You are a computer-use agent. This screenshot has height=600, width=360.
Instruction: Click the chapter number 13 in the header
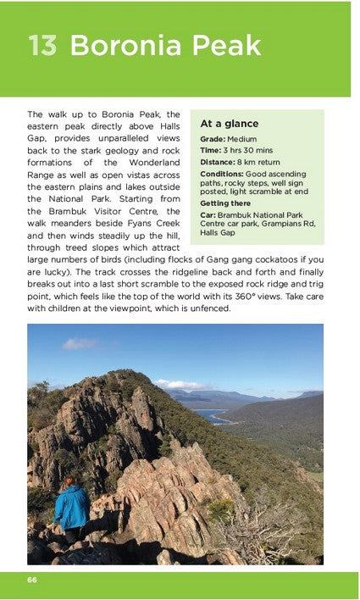[42, 45]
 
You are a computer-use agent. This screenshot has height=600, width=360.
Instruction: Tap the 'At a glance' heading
[230, 123]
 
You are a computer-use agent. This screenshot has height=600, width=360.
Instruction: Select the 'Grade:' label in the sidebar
[213, 139]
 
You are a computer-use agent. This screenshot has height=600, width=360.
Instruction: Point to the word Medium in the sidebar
[241, 139]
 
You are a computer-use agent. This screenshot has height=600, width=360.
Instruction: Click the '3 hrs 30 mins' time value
[251, 150]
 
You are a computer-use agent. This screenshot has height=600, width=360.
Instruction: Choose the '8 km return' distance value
[262, 162]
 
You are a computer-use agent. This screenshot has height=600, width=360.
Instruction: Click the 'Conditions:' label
[222, 174]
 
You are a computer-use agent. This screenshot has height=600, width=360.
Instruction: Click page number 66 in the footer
[32, 580]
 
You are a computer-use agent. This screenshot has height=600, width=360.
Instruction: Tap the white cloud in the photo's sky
[80, 344]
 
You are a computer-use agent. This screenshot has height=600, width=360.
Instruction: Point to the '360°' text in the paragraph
[254, 296]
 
